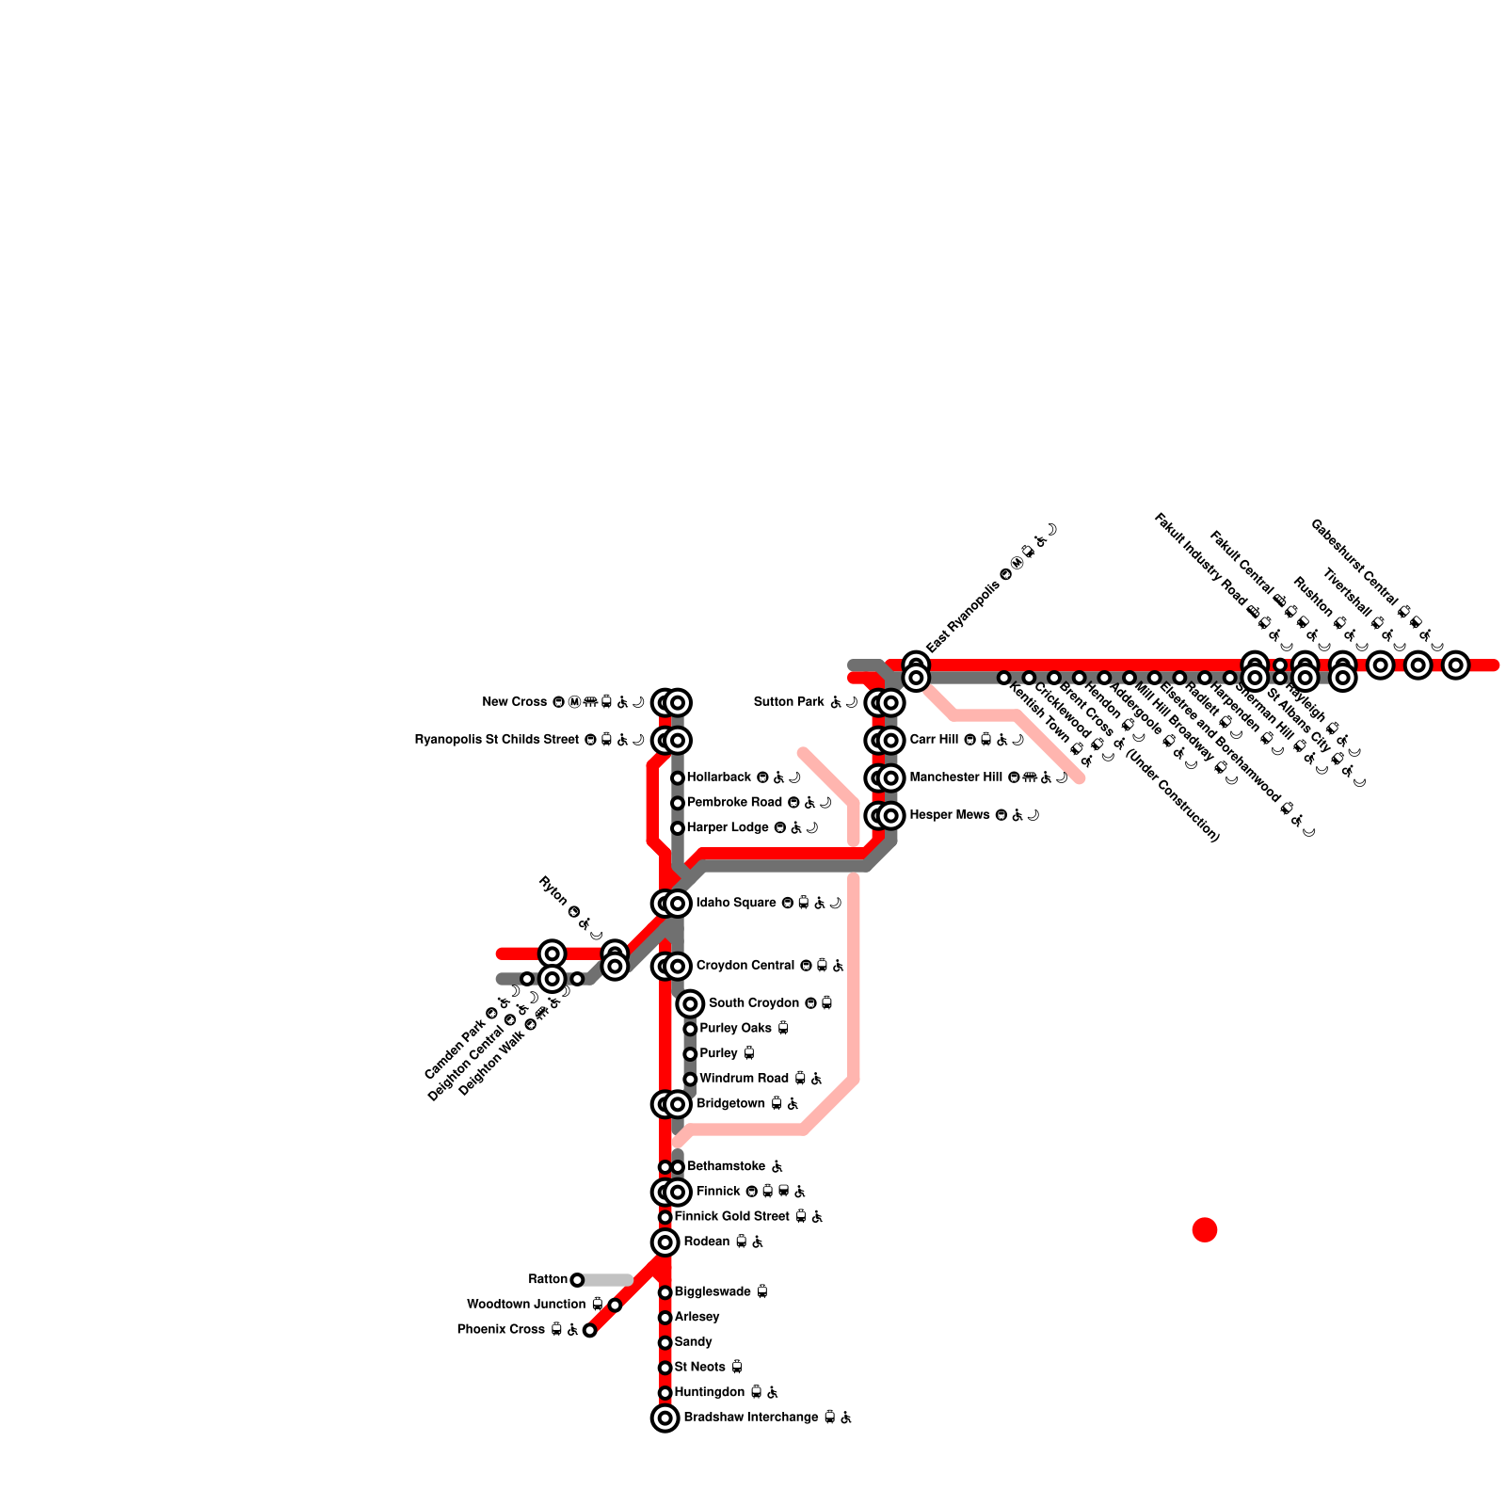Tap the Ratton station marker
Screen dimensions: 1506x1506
point(577,1280)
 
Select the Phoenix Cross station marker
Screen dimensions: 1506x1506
point(589,1330)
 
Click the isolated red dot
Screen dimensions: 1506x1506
point(1205,1229)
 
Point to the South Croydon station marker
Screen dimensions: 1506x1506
point(690,1004)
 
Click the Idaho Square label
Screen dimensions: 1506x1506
point(736,904)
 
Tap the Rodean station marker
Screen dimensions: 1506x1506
point(665,1242)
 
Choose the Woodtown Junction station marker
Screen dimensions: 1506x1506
point(615,1305)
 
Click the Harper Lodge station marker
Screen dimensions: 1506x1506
point(677,828)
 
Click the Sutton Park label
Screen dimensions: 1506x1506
point(789,702)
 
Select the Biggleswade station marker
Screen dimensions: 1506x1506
point(665,1292)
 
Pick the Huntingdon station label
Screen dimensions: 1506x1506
point(711,1392)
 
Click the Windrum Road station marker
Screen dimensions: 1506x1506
point(690,1079)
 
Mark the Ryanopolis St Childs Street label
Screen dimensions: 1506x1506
point(497,740)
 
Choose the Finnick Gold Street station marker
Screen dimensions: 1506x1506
point(665,1217)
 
